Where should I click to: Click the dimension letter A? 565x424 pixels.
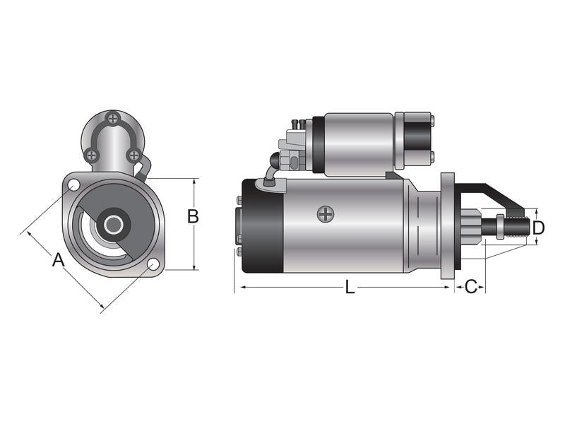click(x=59, y=259)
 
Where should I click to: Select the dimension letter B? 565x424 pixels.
click(x=192, y=217)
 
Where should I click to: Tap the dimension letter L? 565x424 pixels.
click(x=350, y=287)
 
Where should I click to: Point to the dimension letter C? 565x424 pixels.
click(x=471, y=287)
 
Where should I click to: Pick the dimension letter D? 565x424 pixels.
click(x=538, y=228)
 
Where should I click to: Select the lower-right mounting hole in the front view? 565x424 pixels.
click(x=153, y=265)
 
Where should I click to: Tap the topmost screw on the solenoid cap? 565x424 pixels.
click(x=112, y=118)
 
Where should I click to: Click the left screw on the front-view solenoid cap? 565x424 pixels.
click(x=91, y=155)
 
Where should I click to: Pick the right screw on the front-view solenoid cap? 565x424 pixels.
click(x=133, y=155)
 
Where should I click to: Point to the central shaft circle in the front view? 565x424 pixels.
click(x=113, y=225)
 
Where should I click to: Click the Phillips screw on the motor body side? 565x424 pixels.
click(x=325, y=213)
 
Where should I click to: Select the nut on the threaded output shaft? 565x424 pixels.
click(x=500, y=227)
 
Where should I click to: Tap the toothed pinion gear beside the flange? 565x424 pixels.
click(x=474, y=226)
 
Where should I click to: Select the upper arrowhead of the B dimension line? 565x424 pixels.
click(x=194, y=182)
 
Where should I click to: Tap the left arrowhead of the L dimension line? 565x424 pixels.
click(x=238, y=288)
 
